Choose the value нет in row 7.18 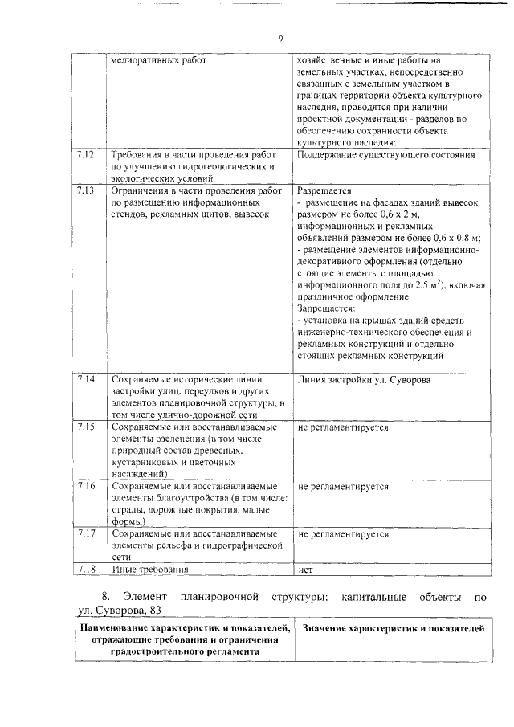click(x=304, y=571)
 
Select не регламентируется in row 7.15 click(x=343, y=427)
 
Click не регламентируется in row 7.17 click(x=343, y=533)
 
